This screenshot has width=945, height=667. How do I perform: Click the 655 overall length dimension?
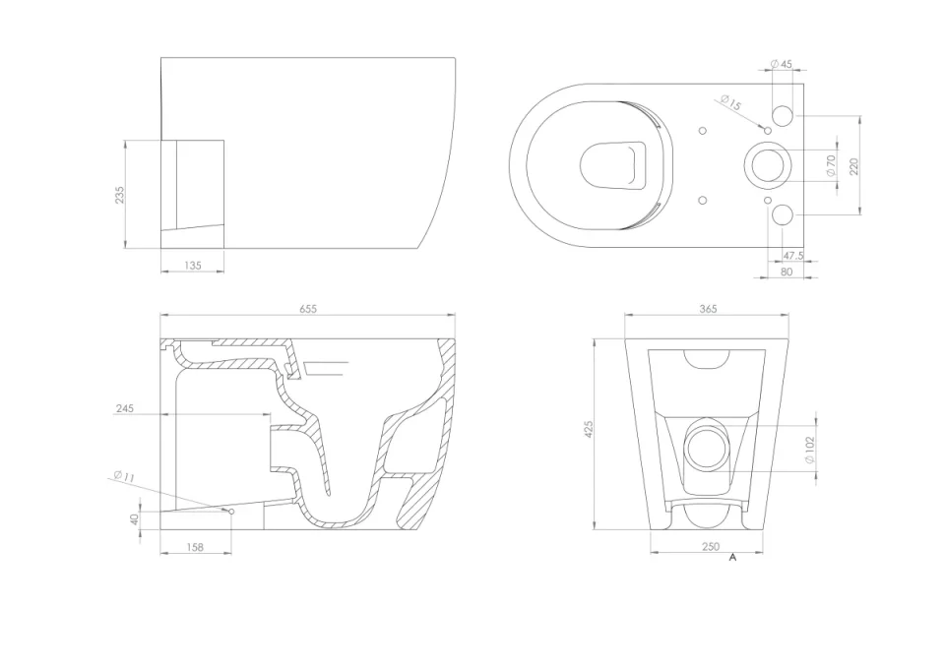308,308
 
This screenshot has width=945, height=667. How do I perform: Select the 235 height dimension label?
119,195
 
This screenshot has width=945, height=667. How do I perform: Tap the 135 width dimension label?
192,266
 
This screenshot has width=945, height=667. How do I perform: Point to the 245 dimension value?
123,407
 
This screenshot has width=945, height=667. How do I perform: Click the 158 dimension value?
195,547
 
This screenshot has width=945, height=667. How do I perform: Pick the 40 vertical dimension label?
136,518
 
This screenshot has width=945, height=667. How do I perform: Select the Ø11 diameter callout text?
124,477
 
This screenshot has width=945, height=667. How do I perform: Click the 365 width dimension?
708,308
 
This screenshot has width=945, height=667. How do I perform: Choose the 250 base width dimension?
710,547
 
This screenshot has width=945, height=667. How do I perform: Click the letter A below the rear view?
732,558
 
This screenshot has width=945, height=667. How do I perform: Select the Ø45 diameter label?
783,64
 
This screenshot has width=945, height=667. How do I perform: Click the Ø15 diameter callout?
730,103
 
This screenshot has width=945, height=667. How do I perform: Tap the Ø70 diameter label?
830,165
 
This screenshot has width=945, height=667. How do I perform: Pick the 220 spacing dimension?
854,165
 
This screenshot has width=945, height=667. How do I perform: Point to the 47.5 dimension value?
793,256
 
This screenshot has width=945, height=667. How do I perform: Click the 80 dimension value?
786,272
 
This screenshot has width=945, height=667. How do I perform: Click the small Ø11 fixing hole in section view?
231,513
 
